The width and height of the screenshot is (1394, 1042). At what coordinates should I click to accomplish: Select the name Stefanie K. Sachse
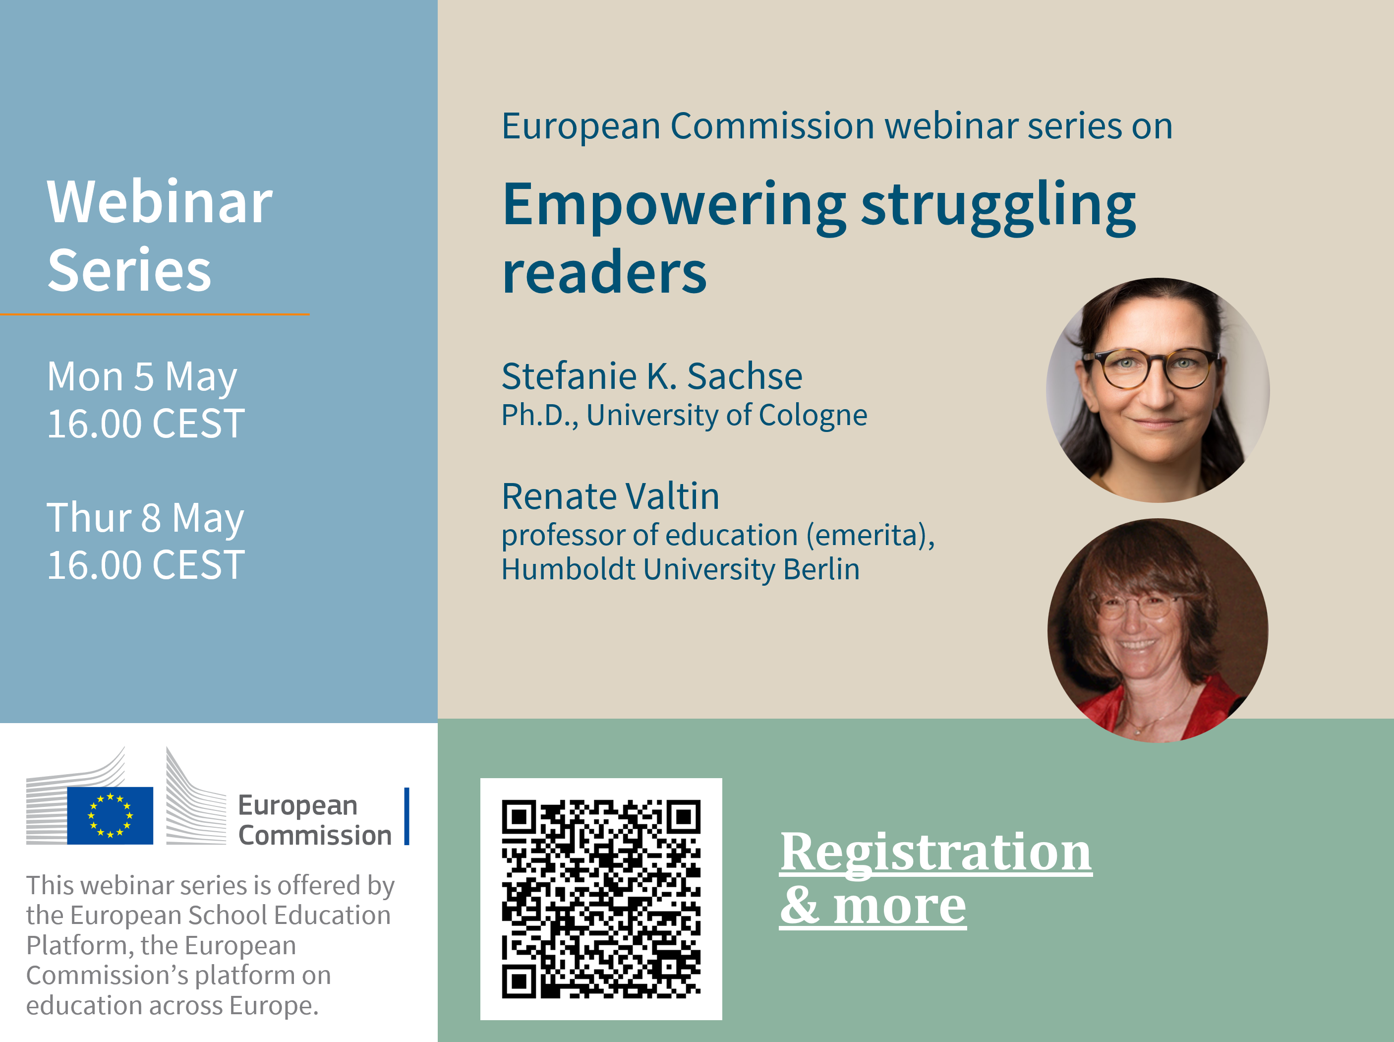click(x=651, y=376)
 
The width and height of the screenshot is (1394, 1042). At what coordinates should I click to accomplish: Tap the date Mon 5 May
click(x=142, y=377)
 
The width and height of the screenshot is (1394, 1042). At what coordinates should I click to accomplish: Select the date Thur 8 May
click(x=145, y=518)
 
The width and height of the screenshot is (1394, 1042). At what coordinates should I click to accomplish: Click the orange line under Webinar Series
click(x=154, y=314)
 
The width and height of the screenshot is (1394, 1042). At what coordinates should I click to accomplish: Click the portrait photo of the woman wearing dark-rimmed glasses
click(x=1158, y=390)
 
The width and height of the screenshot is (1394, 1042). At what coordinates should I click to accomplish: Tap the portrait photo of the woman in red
click(x=1158, y=630)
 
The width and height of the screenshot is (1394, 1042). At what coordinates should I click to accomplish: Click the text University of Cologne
click(x=727, y=416)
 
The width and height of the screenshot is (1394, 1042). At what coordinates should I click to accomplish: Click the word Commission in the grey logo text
click(x=315, y=835)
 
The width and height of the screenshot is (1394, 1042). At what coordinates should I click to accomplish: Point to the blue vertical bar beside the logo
click(x=407, y=816)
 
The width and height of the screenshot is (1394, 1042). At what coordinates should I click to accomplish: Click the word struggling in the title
click(x=998, y=208)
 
